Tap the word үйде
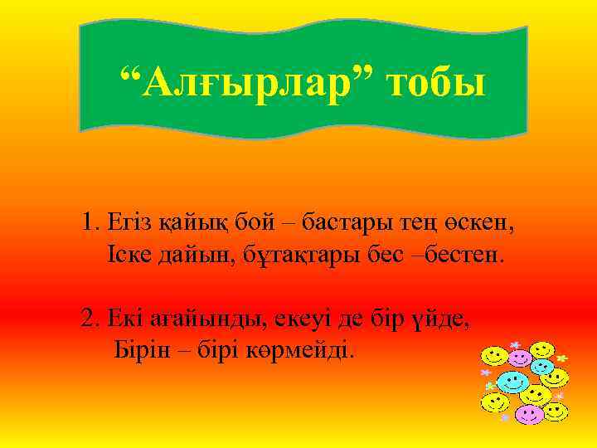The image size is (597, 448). (x=447, y=319)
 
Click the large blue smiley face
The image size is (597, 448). (x=512, y=382)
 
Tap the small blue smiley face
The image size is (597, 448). (x=542, y=366)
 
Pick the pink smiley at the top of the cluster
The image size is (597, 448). (x=520, y=358)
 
